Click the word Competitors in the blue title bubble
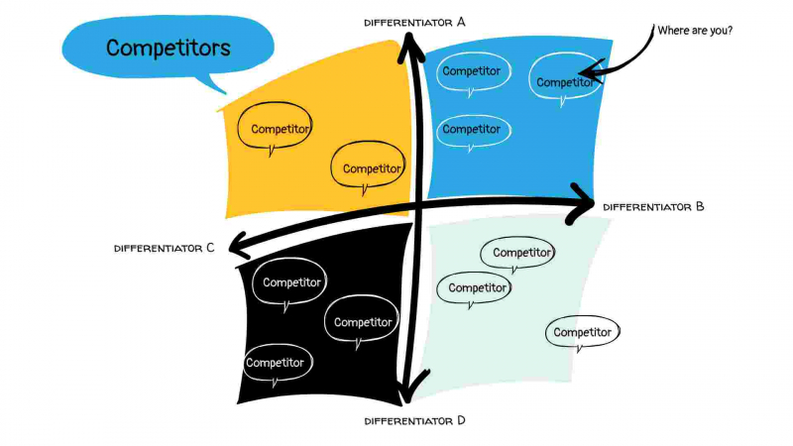168,48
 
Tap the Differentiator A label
414,21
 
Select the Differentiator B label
653,207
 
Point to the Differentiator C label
165,248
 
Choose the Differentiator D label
414,420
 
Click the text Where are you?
695,30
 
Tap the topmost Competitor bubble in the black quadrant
291,283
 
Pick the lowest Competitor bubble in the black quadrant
276,363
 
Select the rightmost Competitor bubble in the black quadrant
364,321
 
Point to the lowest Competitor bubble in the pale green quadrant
583,332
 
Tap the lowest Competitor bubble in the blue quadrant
471,130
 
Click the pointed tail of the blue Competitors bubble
223,91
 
